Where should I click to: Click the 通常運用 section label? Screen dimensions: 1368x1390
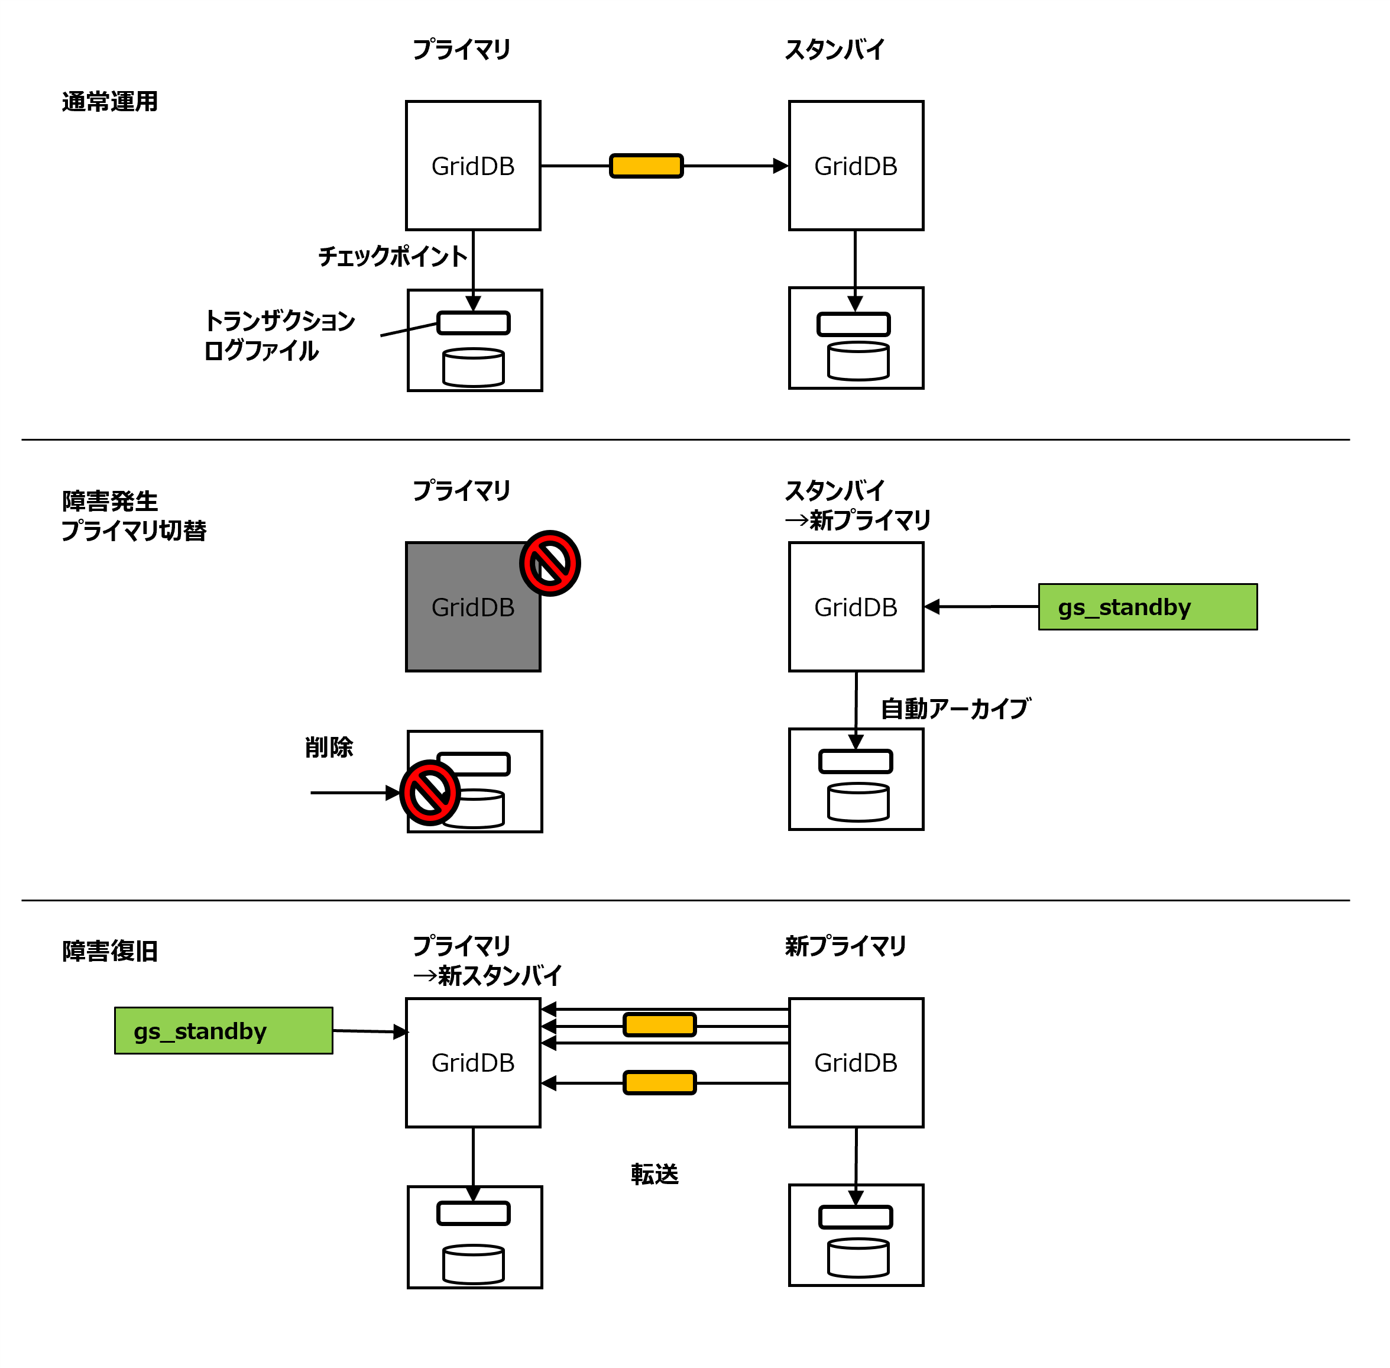(109, 101)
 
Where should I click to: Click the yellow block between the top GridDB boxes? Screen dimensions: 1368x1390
(645, 166)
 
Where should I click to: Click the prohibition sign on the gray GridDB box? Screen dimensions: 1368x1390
(549, 562)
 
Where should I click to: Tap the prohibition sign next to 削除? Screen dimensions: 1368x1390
(430, 792)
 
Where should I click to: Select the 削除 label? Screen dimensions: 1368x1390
(328, 746)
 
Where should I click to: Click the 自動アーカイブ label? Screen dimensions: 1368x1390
(955, 709)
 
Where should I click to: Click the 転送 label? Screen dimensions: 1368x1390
(654, 1173)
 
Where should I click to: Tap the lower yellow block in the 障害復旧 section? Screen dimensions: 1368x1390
(659, 1082)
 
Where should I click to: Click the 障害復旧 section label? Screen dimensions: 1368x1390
(109, 950)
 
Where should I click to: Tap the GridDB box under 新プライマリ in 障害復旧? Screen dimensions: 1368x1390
(855, 1062)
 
